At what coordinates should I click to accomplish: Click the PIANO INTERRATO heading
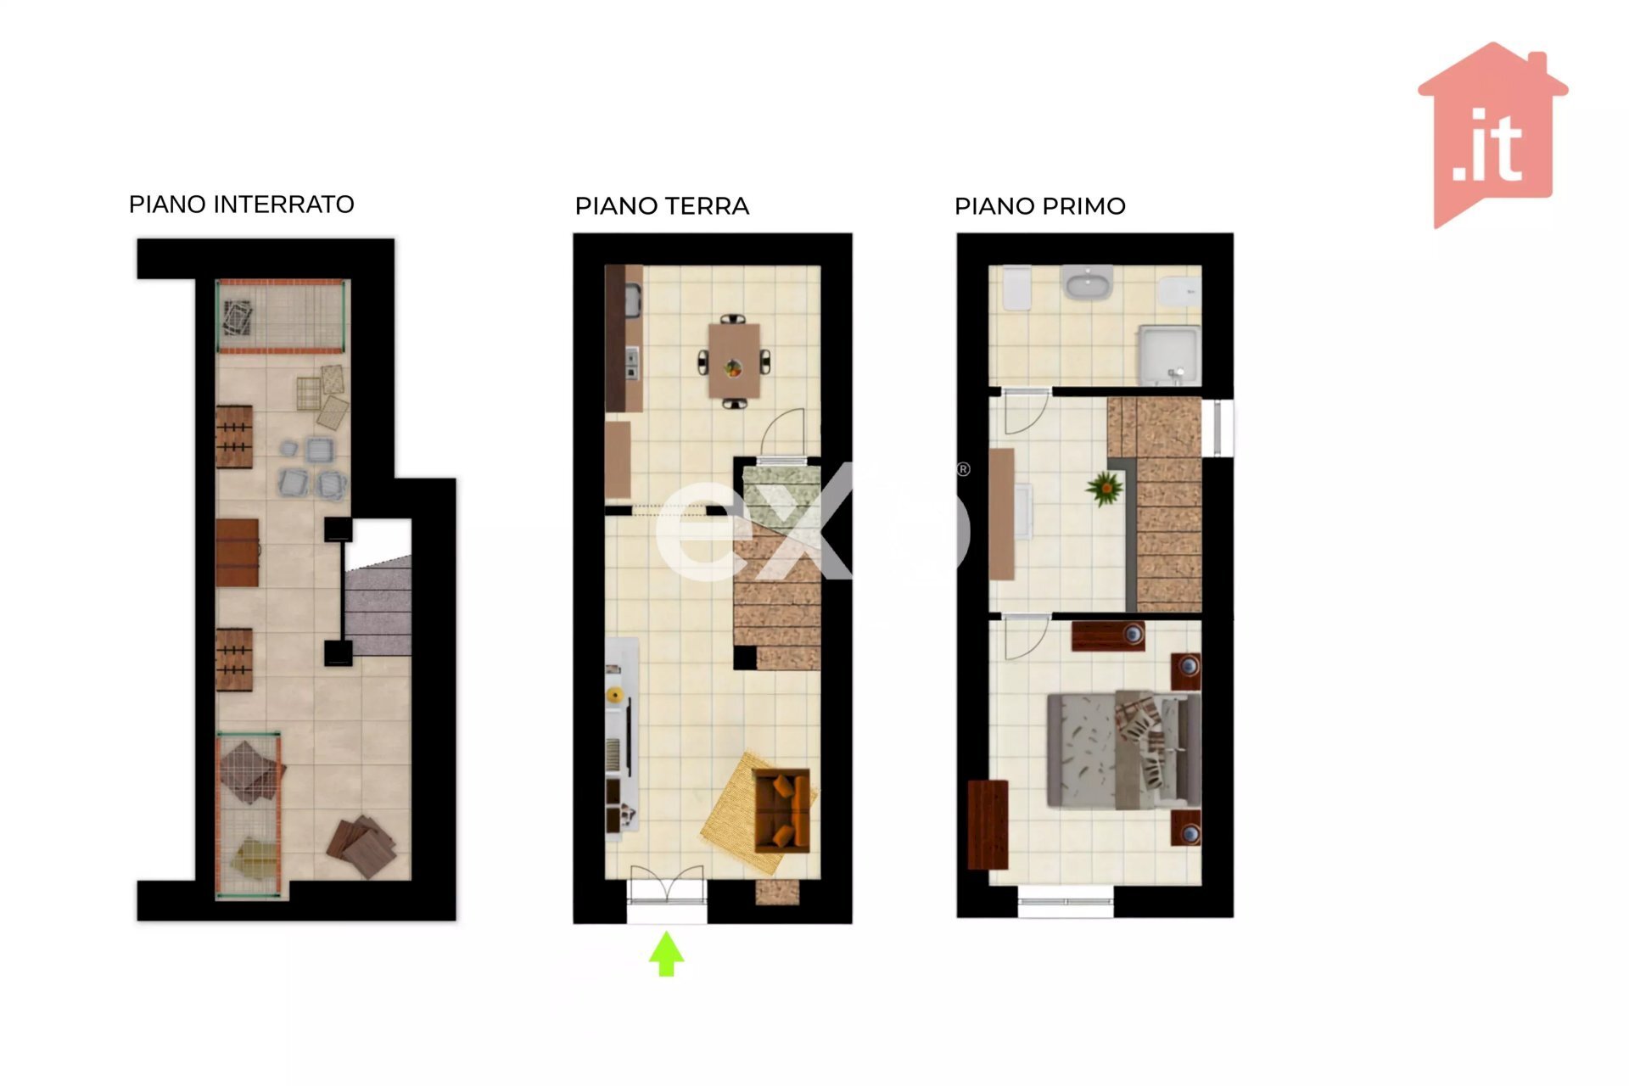241,204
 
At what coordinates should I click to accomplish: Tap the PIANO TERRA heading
662,206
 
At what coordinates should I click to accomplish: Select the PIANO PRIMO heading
1040,206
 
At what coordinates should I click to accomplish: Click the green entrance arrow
667,954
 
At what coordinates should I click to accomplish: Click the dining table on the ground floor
735,361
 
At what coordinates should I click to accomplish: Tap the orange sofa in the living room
781,810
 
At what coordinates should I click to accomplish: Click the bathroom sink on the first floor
1089,283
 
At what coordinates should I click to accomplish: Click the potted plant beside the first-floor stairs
1105,488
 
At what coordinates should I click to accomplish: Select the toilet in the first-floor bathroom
1016,289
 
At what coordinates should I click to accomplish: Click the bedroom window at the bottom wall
1066,901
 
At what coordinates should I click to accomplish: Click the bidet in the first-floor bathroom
1179,291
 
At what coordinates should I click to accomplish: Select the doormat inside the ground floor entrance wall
777,892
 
